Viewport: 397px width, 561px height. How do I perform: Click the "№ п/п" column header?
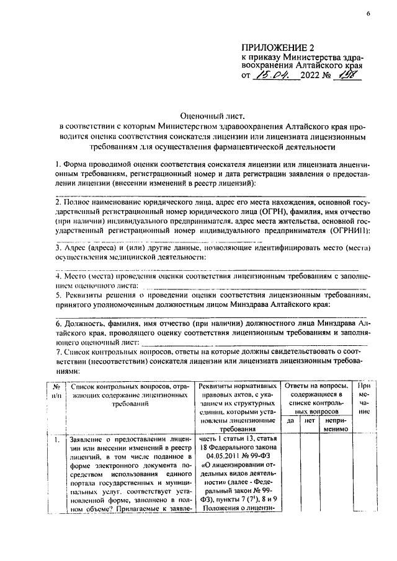coord(57,389)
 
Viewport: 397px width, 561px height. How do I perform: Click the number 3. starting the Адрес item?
coord(58,247)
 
